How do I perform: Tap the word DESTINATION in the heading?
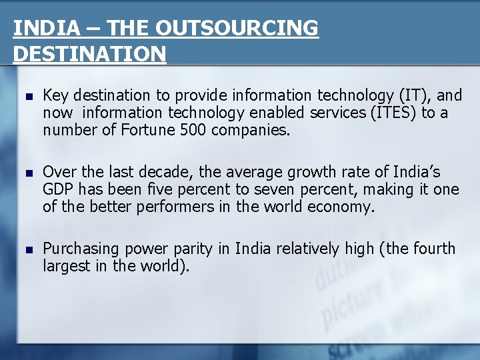(x=89, y=54)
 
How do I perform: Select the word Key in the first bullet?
(x=55, y=96)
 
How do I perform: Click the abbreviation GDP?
(x=58, y=189)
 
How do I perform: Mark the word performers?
(x=176, y=206)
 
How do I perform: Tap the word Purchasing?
(x=81, y=249)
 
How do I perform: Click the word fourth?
(x=433, y=249)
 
